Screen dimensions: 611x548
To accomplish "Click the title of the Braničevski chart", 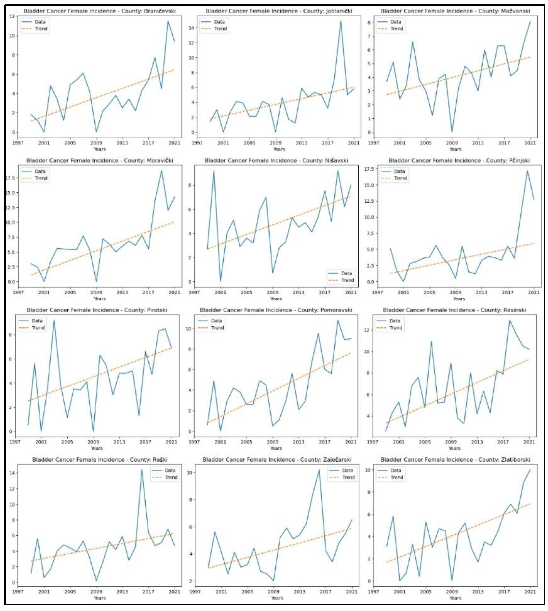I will tap(100, 11).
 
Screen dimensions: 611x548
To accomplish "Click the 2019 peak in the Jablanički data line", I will tap(341, 21).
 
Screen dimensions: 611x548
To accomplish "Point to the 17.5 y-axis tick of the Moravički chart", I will tap(10, 178).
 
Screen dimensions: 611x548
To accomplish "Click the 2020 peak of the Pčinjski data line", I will tap(527, 171).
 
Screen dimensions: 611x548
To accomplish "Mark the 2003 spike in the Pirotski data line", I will tap(54, 320).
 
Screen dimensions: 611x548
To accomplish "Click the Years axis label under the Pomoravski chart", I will tap(276, 448).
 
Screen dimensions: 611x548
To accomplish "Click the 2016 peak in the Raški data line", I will tap(142, 470).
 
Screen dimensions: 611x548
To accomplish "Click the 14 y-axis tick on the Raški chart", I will tap(12, 473).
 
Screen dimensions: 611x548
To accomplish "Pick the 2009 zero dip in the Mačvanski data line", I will tap(452, 132).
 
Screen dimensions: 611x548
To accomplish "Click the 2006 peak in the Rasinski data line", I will tap(431, 342).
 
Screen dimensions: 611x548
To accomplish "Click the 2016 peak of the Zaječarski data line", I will tap(319, 470).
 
